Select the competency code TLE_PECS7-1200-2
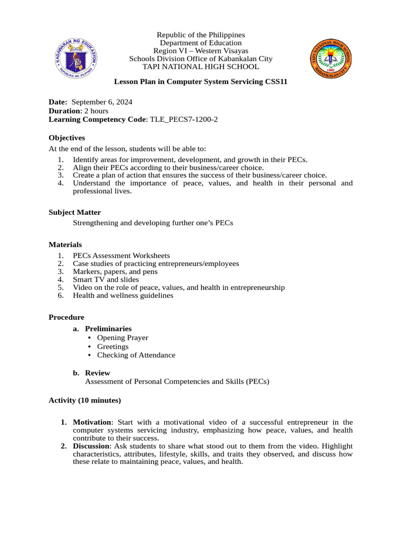pyautogui.click(x=184, y=120)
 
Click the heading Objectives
pyautogui.click(x=66, y=138)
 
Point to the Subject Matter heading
pyautogui.click(x=75, y=212)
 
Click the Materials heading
pyautogui.click(x=65, y=245)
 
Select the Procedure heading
pyautogui.click(x=66, y=317)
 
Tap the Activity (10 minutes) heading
pyautogui.click(x=85, y=400)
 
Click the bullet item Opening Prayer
pyautogui.click(x=122, y=338)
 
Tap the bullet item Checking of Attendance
pyautogui.click(x=136, y=355)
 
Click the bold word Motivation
pyautogui.click(x=92, y=422)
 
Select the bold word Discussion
pyautogui.click(x=92, y=446)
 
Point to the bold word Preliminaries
pyautogui.click(x=108, y=329)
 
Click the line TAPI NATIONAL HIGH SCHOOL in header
pyautogui.click(x=201, y=67)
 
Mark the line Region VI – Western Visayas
pyautogui.click(x=201, y=51)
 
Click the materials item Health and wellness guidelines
pyautogui.click(x=123, y=296)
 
